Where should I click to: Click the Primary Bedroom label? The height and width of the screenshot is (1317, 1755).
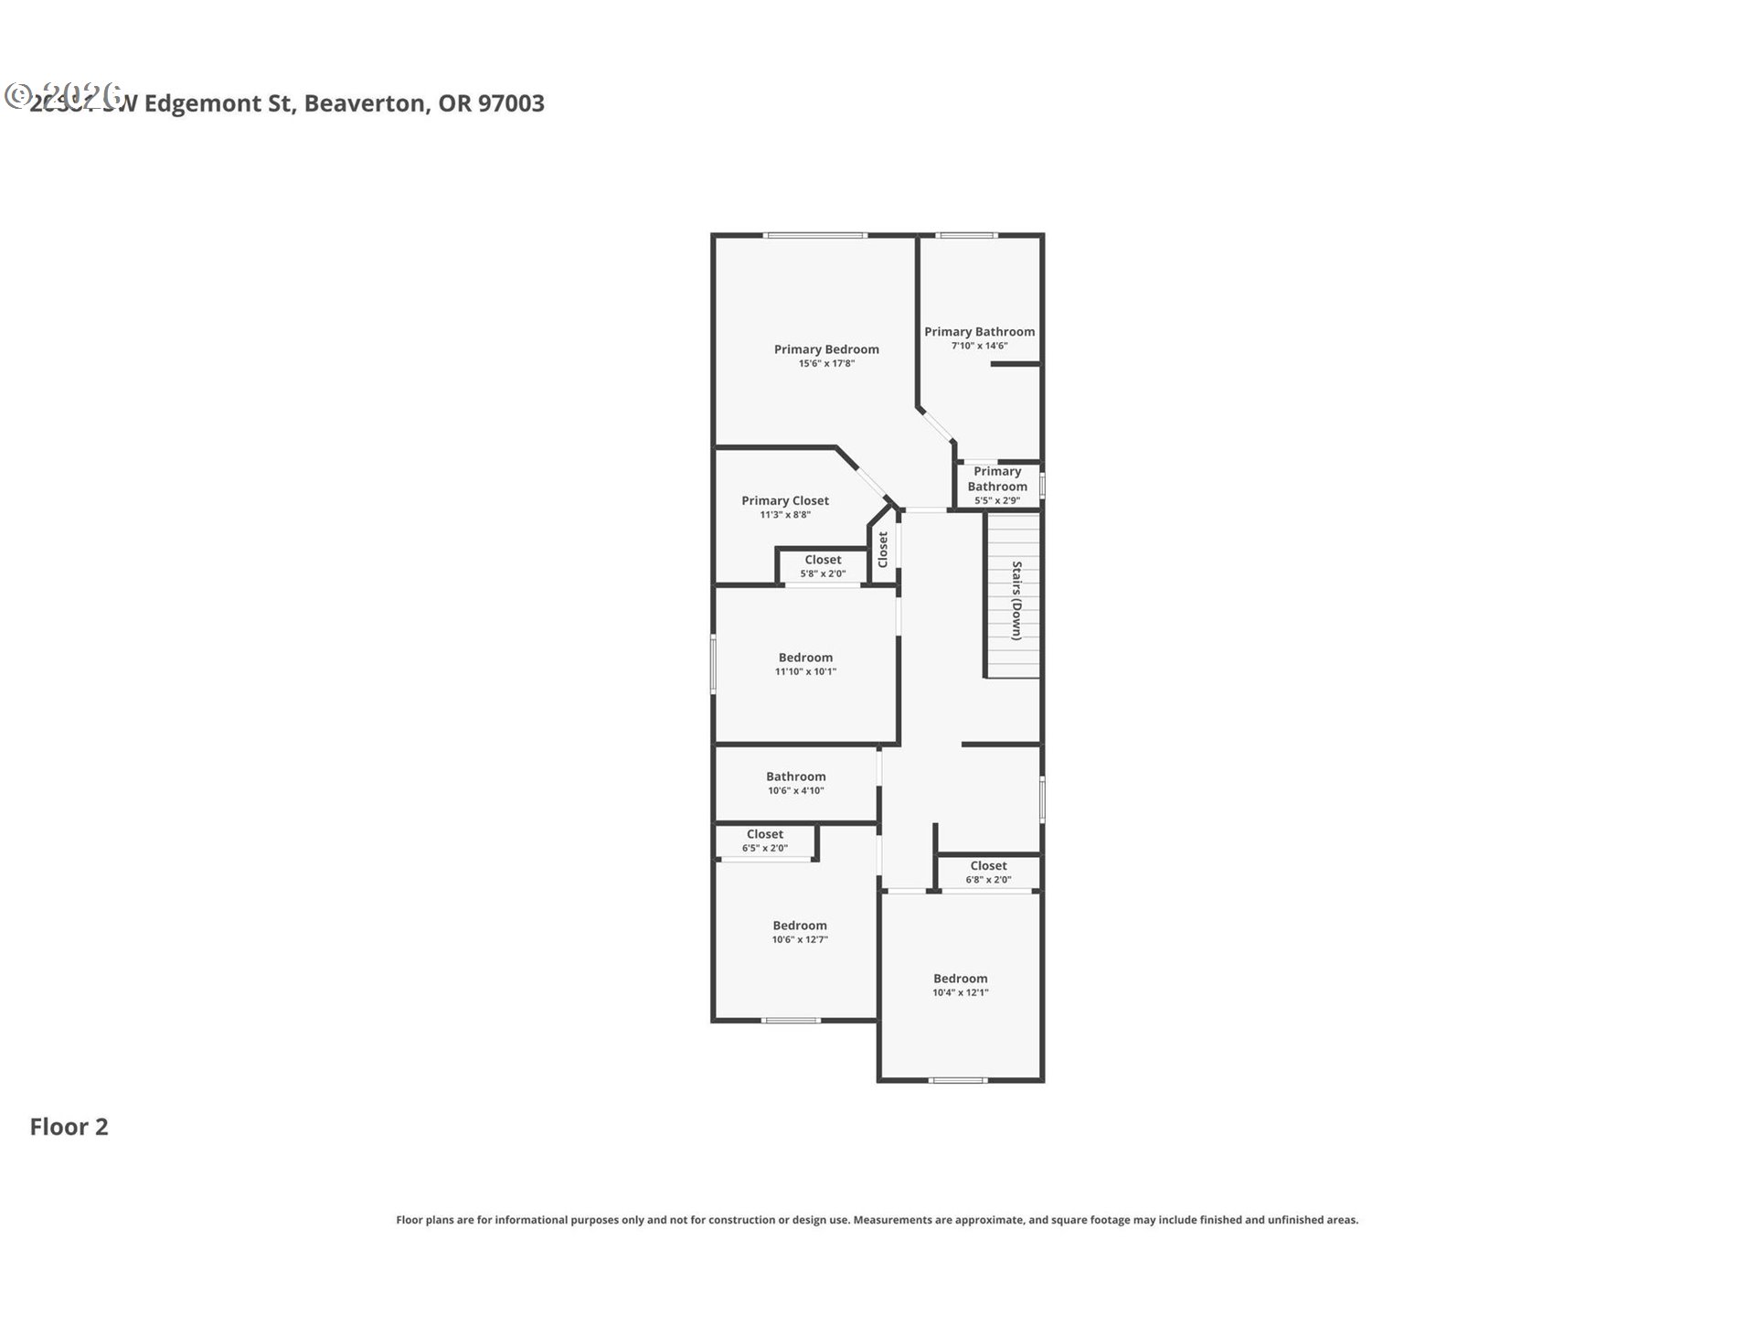pyautogui.click(x=826, y=349)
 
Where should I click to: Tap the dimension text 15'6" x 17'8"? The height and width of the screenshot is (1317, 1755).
pyautogui.click(x=826, y=364)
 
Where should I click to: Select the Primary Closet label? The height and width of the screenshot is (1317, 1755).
pyautogui.click(x=785, y=500)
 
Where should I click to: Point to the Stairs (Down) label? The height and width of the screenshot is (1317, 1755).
pyautogui.click(x=1016, y=601)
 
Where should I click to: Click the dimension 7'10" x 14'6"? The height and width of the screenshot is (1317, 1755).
pyautogui.click(x=979, y=346)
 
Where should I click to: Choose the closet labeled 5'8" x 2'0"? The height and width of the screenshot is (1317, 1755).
pyautogui.click(x=823, y=566)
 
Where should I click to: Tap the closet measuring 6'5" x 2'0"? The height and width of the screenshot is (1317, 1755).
pyautogui.click(x=765, y=841)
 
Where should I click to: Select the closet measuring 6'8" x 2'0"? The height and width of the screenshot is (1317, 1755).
pyautogui.click(x=988, y=872)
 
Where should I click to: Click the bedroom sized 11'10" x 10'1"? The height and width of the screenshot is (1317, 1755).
pyautogui.click(x=805, y=663)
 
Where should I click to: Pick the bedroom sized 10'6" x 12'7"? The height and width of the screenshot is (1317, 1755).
pyautogui.click(x=800, y=931)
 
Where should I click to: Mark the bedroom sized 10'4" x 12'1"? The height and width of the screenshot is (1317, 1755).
pyautogui.click(x=960, y=984)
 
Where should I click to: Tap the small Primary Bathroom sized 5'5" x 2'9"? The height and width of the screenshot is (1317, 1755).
pyautogui.click(x=997, y=485)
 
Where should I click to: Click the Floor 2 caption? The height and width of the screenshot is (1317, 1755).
pyautogui.click(x=69, y=1127)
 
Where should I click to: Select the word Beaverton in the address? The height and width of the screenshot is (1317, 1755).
pyautogui.click(x=365, y=103)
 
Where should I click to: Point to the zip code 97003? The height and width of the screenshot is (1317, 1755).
pyautogui.click(x=511, y=103)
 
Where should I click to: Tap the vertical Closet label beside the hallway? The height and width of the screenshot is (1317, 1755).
pyautogui.click(x=883, y=550)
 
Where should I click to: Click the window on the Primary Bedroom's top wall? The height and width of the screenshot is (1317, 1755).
pyautogui.click(x=815, y=236)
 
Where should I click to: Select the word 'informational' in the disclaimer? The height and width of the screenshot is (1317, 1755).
pyautogui.click(x=531, y=1220)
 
